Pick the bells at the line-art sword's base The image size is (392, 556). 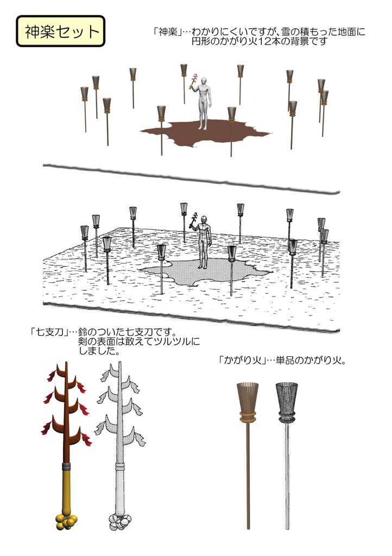120,522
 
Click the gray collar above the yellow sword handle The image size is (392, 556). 66,466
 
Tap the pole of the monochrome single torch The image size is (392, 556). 287,478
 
